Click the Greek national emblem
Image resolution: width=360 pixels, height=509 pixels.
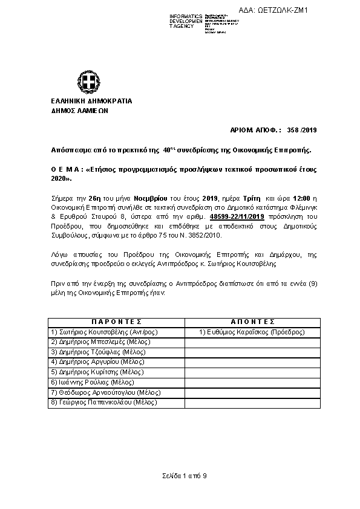click(x=85, y=80)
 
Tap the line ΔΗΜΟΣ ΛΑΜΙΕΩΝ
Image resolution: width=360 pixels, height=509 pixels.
click(x=80, y=111)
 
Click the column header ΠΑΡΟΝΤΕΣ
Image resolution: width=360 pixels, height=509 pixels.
click(x=116, y=322)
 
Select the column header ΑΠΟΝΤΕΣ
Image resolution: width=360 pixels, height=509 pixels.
click(x=252, y=322)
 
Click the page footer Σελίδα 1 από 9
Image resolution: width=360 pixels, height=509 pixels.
click(x=185, y=476)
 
